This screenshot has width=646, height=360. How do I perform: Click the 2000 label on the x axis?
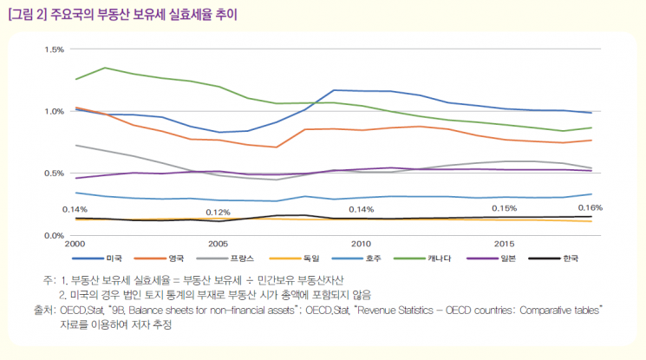tap(75, 245)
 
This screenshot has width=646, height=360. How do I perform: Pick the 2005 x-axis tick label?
tap(218, 245)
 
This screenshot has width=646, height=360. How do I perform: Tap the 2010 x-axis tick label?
tap(361, 245)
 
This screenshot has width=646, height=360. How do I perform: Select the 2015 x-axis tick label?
tap(504, 245)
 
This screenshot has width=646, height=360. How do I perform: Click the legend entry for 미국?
tap(115, 259)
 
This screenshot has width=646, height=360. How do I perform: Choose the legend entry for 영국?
tap(177, 259)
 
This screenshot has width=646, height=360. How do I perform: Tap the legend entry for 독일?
tap(311, 259)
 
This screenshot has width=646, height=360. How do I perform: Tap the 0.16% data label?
tap(590, 208)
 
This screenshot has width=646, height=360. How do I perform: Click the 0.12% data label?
tap(218, 213)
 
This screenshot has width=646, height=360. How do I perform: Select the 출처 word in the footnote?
tap(43, 309)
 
